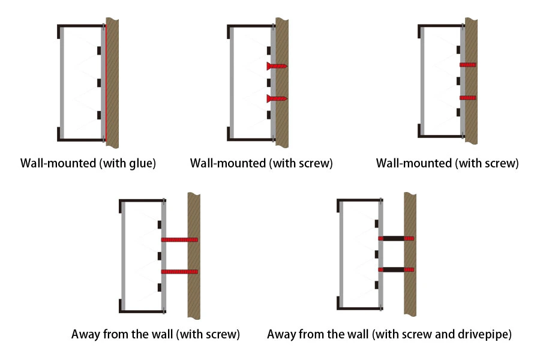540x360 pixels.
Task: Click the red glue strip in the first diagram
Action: [103, 84]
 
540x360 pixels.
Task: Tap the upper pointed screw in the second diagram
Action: [277, 65]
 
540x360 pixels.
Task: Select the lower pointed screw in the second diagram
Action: [277, 98]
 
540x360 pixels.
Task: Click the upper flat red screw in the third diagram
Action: [467, 64]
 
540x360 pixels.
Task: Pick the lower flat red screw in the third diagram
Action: [467, 97]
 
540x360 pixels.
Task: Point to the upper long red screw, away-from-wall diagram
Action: [179, 240]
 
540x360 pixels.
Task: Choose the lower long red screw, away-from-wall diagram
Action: [179, 272]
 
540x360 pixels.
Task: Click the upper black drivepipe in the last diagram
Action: [394, 238]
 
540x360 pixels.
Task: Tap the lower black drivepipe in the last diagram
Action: [394, 270]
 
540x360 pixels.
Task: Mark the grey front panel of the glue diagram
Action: [62, 84]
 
